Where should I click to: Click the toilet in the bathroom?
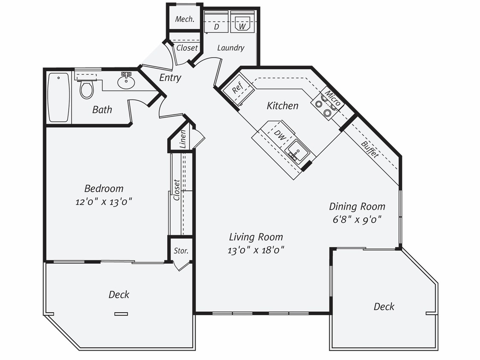tap(87, 89)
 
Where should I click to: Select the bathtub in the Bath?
tap(58, 98)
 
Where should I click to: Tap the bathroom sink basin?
tap(126, 82)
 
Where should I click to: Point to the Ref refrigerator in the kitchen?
tap(237, 89)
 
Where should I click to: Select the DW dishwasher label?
tap(279, 136)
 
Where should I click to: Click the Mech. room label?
tap(185, 19)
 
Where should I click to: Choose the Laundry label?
tap(230, 48)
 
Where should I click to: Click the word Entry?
tap(170, 78)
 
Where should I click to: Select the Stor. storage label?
tap(181, 251)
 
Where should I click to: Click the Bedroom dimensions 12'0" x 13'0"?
tap(104, 202)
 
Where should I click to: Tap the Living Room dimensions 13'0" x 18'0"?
tap(256, 250)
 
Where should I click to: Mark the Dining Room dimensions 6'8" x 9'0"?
tap(357, 219)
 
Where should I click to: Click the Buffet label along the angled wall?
tap(369, 149)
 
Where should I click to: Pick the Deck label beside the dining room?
tap(384, 306)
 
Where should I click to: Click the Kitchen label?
tap(282, 105)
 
